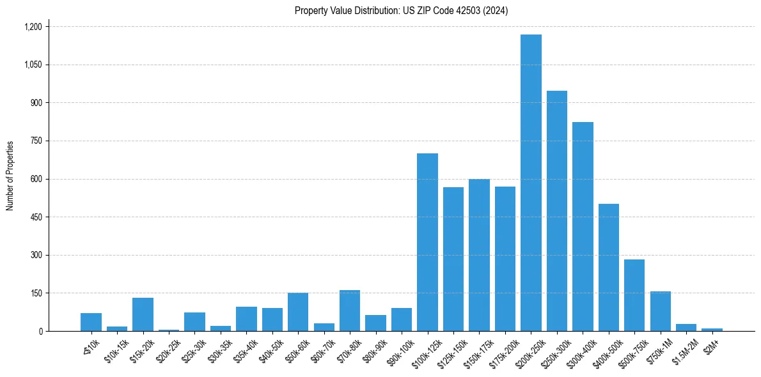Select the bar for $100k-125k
pos(427,242)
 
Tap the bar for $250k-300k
pos(557,211)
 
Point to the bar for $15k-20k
pos(143,314)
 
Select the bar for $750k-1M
pos(661,311)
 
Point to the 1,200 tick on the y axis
pos(33,27)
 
